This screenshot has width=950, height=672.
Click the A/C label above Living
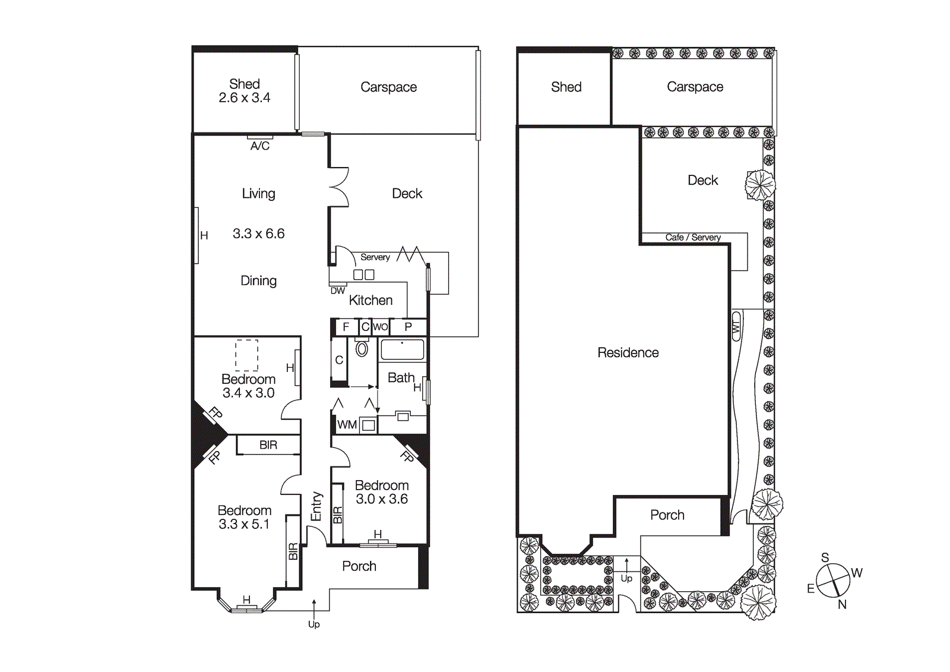[259, 146]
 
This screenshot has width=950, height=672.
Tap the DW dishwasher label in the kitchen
[337, 291]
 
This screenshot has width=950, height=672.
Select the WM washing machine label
[347, 425]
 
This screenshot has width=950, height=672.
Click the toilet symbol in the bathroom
[362, 349]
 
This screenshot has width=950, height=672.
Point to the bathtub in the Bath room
[402, 350]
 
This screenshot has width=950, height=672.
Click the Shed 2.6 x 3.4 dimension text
[244, 98]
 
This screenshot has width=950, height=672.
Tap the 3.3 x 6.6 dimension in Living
[258, 234]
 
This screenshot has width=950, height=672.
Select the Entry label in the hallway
[316, 506]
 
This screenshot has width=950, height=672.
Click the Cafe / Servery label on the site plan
[692, 237]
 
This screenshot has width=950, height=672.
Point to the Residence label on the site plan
[628, 353]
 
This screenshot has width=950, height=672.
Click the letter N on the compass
[842, 605]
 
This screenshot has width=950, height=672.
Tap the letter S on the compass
[825, 557]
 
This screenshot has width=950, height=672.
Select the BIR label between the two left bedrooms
[268, 445]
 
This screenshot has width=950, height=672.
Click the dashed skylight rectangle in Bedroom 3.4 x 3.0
[246, 355]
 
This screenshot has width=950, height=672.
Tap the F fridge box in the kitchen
[346, 327]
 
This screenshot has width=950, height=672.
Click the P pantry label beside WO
[408, 327]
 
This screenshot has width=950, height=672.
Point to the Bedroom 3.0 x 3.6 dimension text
[381, 499]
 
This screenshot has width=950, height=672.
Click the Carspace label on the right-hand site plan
[695, 87]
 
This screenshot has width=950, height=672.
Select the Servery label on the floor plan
[375, 257]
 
